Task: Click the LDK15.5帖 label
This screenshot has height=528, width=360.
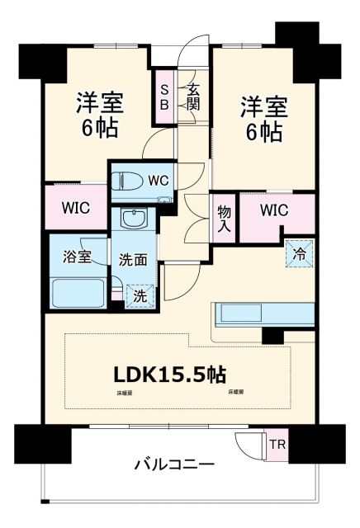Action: [169, 375]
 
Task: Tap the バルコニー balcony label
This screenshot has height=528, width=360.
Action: [175, 464]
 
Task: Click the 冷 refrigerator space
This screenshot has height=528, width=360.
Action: [300, 253]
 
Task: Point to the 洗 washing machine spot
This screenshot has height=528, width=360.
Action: [140, 295]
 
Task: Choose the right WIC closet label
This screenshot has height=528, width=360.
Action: [273, 210]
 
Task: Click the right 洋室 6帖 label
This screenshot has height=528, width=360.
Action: [263, 119]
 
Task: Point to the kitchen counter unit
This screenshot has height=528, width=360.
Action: [263, 314]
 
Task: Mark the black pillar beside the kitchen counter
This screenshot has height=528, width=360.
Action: [272, 336]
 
